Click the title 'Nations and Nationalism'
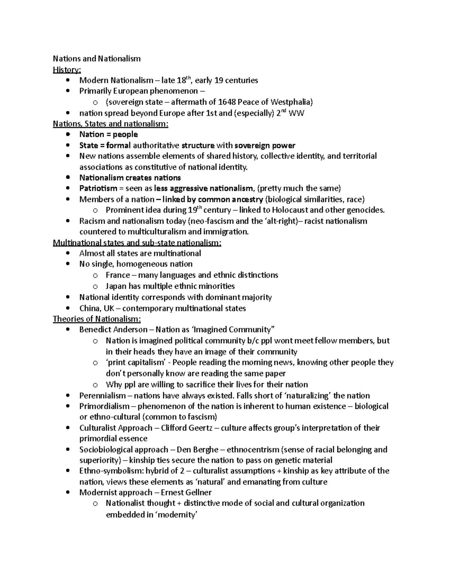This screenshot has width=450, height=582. click(x=97, y=58)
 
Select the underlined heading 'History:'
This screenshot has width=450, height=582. click(x=67, y=69)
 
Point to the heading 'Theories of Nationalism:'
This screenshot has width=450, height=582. click(x=97, y=319)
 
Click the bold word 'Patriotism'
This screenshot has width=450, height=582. click(x=98, y=188)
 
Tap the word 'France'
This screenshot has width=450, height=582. click(x=118, y=275)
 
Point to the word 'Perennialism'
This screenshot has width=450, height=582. click(x=102, y=396)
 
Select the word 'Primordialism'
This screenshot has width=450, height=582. click(x=104, y=406)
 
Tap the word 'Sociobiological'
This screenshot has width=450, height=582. click(x=106, y=449)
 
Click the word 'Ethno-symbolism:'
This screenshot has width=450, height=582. click(x=106, y=471)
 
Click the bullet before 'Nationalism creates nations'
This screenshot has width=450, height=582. click(x=67, y=178)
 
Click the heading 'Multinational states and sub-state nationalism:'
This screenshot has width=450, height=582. click(x=137, y=243)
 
